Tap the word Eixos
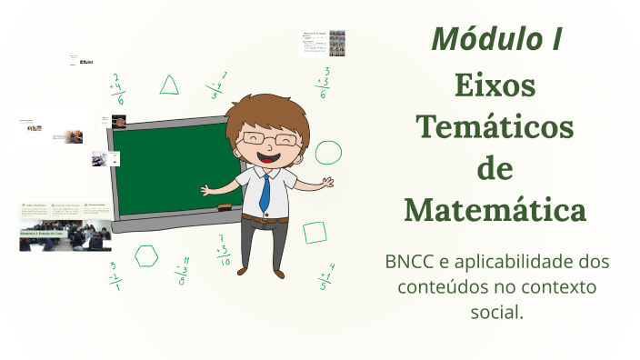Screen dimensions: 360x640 pos(495,87)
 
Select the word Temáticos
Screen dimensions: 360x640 pos(495,127)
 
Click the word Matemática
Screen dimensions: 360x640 pos(495,210)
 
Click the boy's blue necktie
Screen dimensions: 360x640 pos(265,192)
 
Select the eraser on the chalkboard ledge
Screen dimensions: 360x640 pos(222,208)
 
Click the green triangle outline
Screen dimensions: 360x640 pos(169,85)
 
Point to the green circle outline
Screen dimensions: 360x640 pos(328,153)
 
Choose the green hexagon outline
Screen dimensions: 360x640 pos(146,256)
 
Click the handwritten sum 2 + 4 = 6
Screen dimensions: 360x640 pos(119,89)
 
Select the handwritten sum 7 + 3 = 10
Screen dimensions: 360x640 pos(223,250)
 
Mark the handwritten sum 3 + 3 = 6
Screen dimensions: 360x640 pos(324,83)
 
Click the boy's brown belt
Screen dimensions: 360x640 pos(265,218)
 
